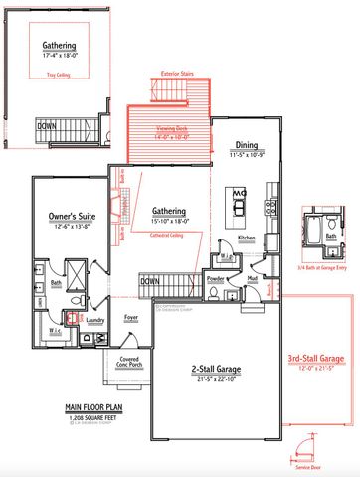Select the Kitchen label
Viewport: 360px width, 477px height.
click(x=247, y=238)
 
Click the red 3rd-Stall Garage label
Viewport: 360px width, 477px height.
click(x=316, y=357)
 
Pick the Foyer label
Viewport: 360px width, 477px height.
click(x=130, y=318)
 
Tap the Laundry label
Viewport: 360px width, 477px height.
click(x=95, y=320)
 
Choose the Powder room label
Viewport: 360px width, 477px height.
click(x=214, y=279)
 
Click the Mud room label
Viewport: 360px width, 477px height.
click(x=251, y=279)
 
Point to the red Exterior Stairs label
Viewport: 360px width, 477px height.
click(x=179, y=74)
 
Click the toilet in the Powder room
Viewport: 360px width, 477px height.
click(x=230, y=294)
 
